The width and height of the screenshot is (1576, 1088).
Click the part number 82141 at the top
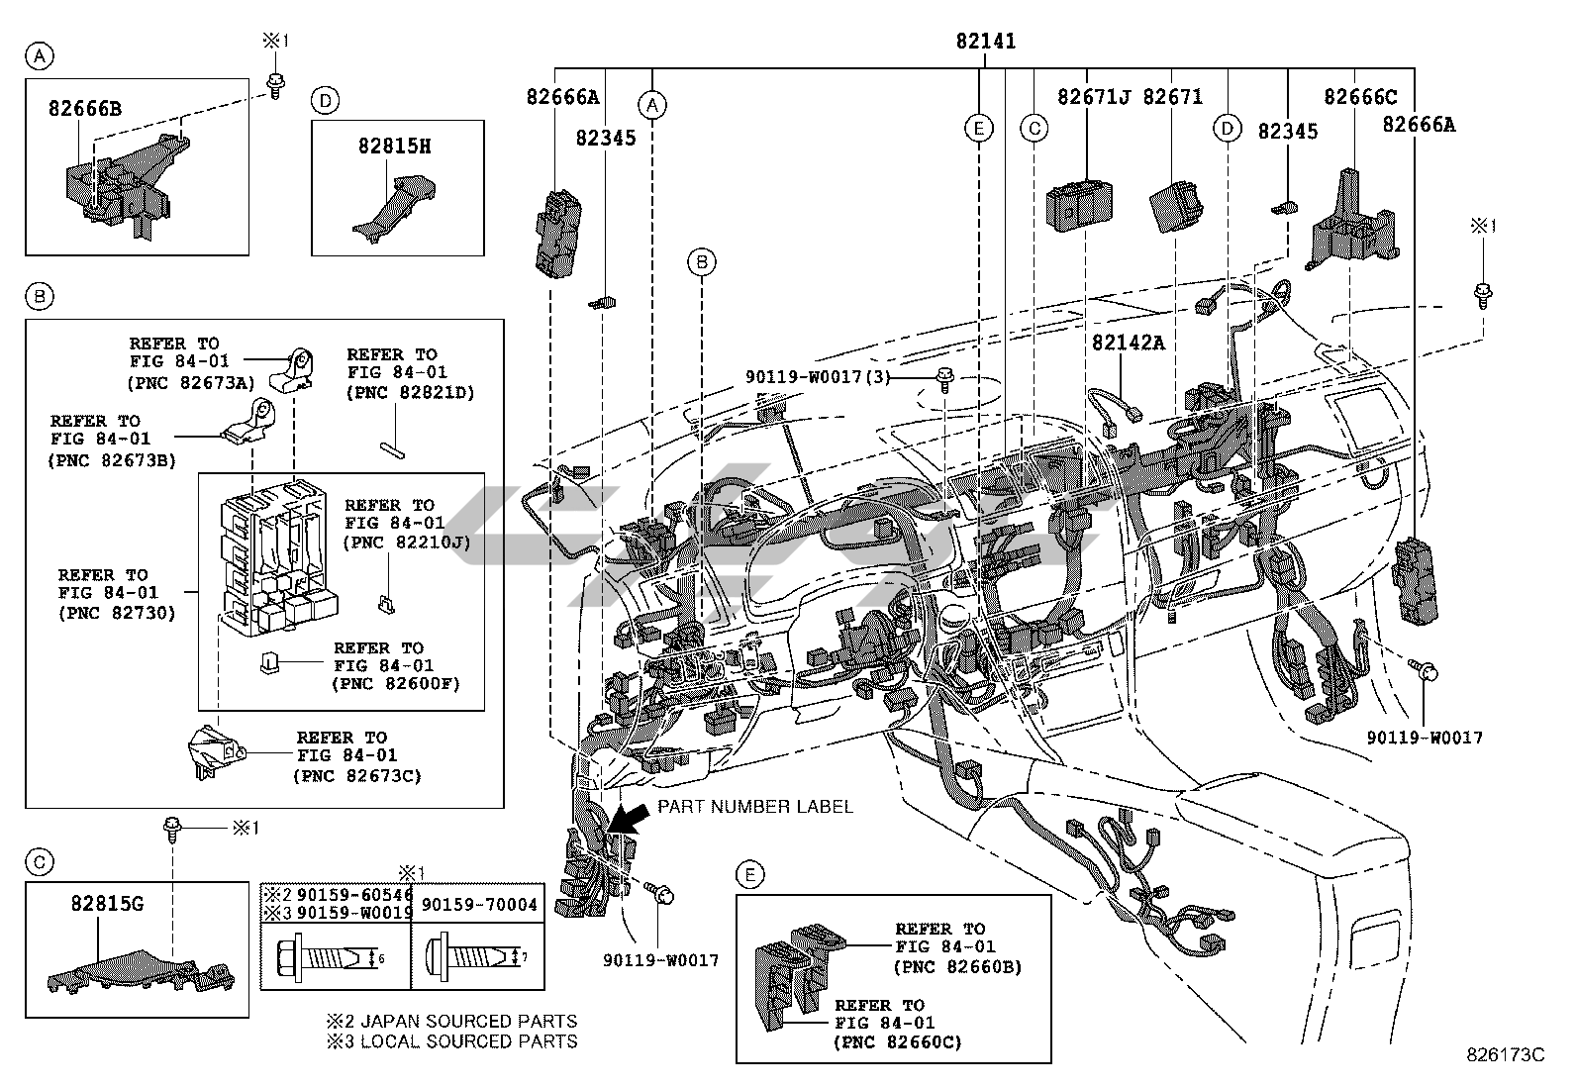(x=985, y=42)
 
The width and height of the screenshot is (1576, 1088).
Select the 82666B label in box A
(x=85, y=109)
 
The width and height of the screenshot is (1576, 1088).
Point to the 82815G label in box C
(x=107, y=903)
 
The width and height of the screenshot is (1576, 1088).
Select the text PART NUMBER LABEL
(x=754, y=806)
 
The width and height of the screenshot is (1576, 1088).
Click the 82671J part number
(x=1093, y=97)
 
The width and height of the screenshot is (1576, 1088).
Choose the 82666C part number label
(x=1360, y=97)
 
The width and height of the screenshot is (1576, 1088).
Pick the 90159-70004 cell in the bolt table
(x=479, y=905)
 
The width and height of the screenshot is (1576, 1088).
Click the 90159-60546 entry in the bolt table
(x=354, y=895)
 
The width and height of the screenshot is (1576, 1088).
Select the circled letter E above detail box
(x=750, y=874)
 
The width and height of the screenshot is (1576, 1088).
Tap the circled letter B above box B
(x=39, y=295)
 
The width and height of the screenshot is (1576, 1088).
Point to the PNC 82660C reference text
(x=898, y=1041)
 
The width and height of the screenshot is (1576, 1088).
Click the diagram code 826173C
(x=1505, y=1055)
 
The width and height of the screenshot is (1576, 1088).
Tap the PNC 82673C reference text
(x=356, y=775)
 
